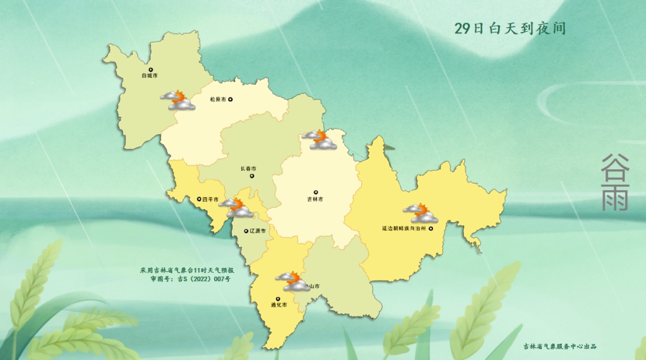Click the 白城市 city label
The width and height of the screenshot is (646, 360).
(x=150, y=77)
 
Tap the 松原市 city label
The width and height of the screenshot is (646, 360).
(x=218, y=100)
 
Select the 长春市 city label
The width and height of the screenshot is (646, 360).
(x=248, y=169)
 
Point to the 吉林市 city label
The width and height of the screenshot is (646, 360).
(x=315, y=199)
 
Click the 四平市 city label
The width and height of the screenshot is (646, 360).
(x=210, y=199)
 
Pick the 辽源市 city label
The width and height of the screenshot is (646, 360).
(x=258, y=230)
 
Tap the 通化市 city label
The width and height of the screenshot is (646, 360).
(x=279, y=305)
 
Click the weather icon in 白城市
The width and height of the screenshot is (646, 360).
(x=178, y=100)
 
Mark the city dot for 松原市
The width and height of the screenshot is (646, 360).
(x=230, y=100)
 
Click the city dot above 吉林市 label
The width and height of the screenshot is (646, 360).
(x=316, y=193)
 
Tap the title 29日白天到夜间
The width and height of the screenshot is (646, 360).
(x=510, y=29)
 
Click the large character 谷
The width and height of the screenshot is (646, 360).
(x=615, y=165)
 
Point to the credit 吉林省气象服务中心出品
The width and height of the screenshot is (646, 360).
(x=560, y=346)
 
